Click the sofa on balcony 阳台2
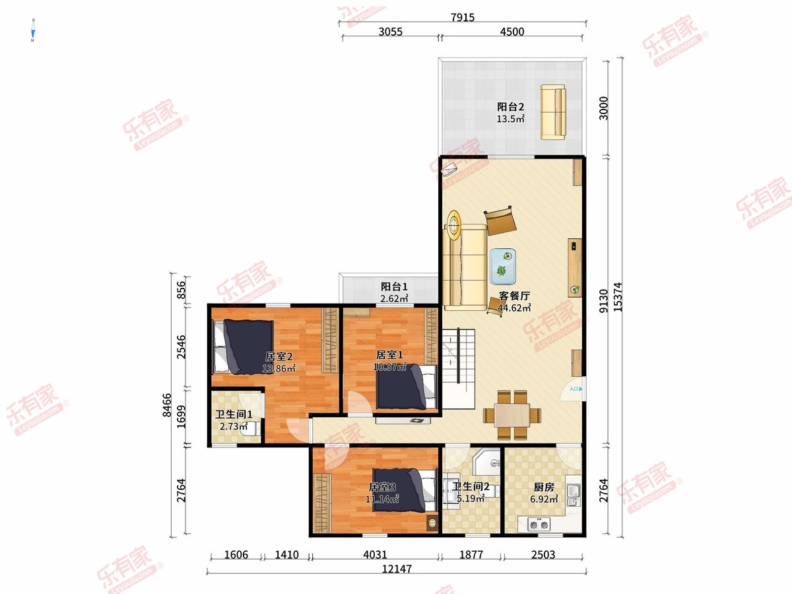pyautogui.click(x=553, y=112)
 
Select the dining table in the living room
pyautogui.click(x=511, y=416)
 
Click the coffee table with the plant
pyautogui.click(x=503, y=266)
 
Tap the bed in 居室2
pyautogui.click(x=242, y=345)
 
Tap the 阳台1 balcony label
pyautogui.click(x=394, y=287)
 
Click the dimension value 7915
pyautogui.click(x=461, y=18)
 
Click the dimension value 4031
pyautogui.click(x=374, y=555)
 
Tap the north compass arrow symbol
pyautogui.click(x=32, y=31)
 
